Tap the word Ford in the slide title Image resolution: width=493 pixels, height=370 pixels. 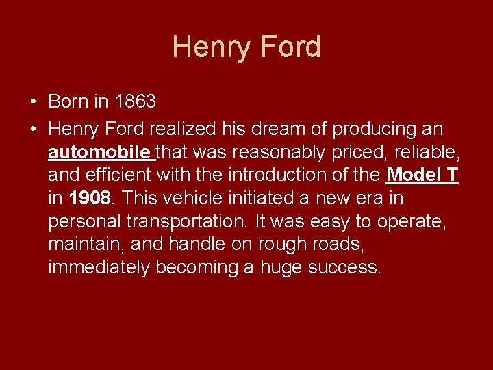(x=290, y=47)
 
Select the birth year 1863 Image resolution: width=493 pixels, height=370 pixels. (x=136, y=101)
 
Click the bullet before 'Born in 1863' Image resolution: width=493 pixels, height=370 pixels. (x=33, y=102)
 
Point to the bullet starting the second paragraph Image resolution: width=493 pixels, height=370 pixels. (x=33, y=129)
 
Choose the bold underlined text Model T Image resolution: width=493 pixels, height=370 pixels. (x=422, y=175)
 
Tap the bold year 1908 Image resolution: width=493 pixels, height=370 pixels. (x=90, y=198)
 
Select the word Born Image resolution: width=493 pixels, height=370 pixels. (x=68, y=101)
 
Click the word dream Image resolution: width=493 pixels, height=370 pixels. (x=305, y=129)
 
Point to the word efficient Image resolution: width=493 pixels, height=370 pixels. (x=122, y=175)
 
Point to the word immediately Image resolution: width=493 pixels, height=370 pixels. (x=98, y=267)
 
